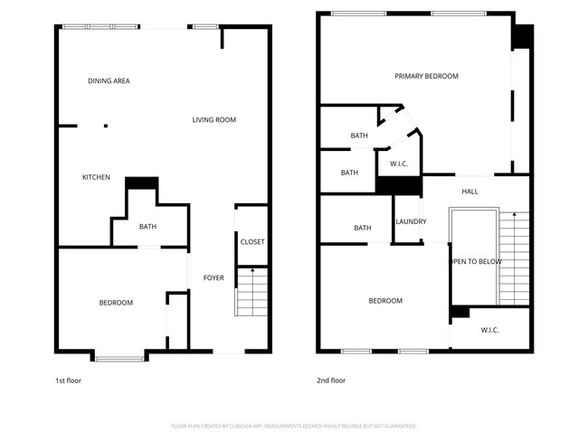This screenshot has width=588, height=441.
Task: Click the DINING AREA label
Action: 109,81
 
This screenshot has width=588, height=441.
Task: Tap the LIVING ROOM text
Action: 214,119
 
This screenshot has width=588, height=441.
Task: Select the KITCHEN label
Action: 96,177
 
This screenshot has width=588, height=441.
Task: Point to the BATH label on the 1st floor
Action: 147,227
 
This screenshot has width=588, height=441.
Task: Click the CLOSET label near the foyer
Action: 252,241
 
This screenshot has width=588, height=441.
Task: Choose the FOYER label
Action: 213,277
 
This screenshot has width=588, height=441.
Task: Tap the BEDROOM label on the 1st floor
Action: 116,303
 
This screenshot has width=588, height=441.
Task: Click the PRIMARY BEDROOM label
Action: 426,76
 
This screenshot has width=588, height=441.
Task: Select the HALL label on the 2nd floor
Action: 469,192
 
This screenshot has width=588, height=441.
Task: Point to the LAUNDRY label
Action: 411,221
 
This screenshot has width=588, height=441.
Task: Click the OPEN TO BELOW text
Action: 476,262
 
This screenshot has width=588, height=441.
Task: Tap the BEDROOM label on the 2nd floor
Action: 385,301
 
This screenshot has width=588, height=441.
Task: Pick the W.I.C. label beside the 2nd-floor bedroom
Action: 489,330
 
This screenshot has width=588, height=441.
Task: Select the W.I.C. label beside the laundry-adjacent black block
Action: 399,164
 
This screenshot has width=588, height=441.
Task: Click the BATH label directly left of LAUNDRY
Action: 363,228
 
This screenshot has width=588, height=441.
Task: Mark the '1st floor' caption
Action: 69,380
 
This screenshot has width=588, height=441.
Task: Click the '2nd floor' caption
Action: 330,380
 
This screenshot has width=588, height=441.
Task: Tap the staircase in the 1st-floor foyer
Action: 251,291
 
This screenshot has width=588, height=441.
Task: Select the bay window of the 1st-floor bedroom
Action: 119,359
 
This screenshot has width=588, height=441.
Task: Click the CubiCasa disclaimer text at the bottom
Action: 293,426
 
